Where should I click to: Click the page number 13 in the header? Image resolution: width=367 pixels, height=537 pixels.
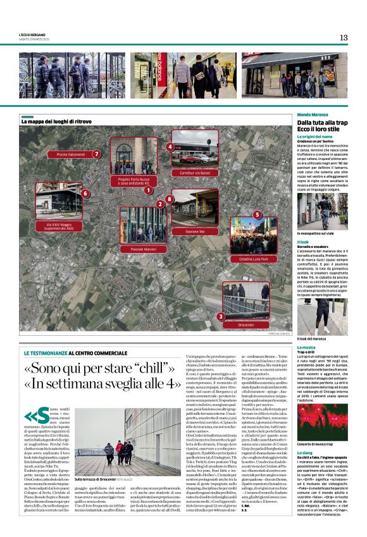pyautogui.click(x=344, y=37)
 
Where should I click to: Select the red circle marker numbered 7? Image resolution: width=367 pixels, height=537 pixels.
pyautogui.click(x=97, y=154)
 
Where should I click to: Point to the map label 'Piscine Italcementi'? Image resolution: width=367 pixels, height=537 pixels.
pyautogui.click(x=70, y=154)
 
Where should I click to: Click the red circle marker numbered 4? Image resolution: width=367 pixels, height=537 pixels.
pyautogui.click(x=170, y=147)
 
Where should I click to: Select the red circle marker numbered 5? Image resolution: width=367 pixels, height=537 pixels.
pyautogui.click(x=256, y=215)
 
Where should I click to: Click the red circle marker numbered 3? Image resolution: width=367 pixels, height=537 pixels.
pyautogui.click(x=221, y=316)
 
